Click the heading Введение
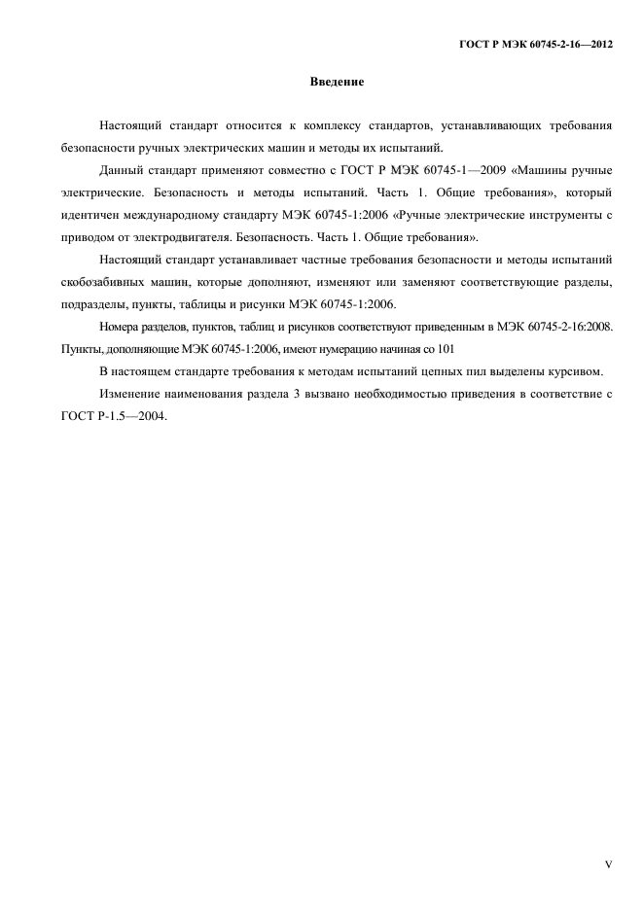337,82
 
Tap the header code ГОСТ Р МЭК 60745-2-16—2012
535,45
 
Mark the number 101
444,348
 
